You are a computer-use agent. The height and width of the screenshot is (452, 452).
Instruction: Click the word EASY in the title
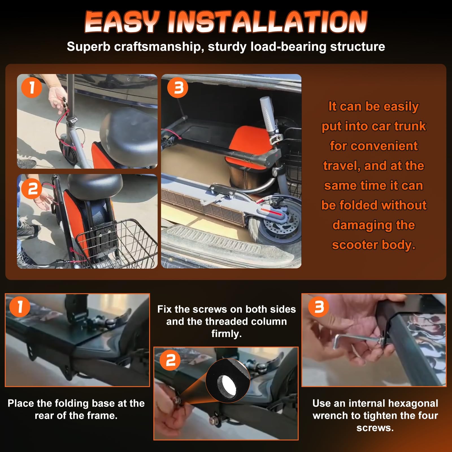(x=122, y=22)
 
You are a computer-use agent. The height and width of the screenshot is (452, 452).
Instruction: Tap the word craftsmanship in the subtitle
(x=157, y=47)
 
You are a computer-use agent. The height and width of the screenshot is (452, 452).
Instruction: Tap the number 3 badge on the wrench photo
(x=318, y=307)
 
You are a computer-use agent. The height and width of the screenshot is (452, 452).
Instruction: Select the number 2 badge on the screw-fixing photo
(x=170, y=360)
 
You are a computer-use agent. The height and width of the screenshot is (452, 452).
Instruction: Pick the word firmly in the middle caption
(x=227, y=334)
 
